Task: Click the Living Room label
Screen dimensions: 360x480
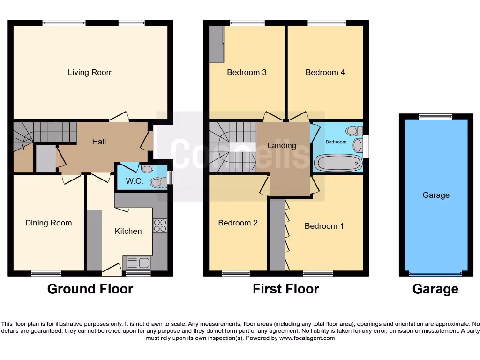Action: tap(90, 72)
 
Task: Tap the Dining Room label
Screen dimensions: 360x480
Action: tap(48, 223)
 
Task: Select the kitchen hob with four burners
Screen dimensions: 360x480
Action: tap(160, 225)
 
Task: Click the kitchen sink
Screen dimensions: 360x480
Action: tap(136, 262)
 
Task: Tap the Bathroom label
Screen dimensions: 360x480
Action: tap(336, 142)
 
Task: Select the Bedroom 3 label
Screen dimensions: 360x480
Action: tap(247, 72)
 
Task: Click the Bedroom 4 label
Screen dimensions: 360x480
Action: tap(325, 72)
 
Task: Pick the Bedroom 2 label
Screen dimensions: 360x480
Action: tap(238, 223)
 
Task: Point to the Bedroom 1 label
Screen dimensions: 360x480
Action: tap(324, 226)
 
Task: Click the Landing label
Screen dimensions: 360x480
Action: tap(282, 145)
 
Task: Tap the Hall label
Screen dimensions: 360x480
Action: tap(99, 142)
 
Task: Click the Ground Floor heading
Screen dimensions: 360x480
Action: tap(90, 289)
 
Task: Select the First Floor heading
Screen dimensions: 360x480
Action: tap(285, 289)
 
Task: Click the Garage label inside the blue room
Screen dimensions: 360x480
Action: tap(436, 195)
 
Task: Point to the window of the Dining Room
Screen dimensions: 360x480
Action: tap(46, 273)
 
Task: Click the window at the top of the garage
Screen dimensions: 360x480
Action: tap(435, 117)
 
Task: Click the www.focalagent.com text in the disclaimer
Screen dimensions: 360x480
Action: tap(307, 338)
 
